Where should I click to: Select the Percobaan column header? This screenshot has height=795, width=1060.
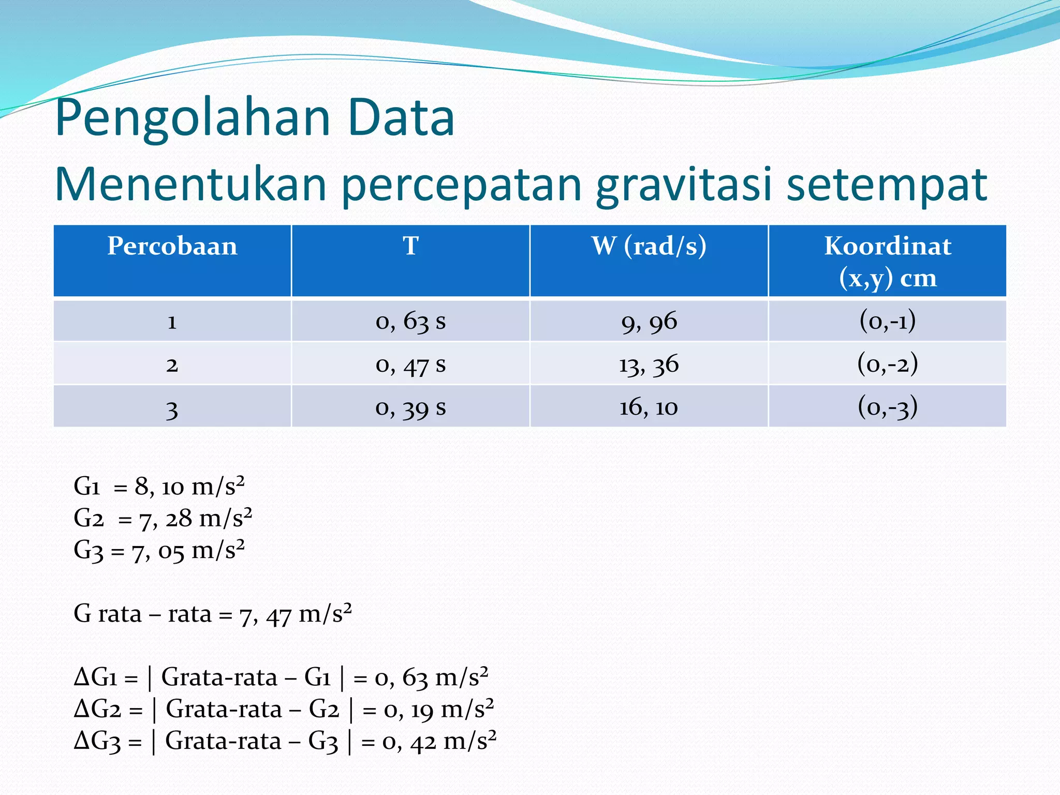tap(172, 246)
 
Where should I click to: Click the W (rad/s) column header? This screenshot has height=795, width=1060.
tap(649, 246)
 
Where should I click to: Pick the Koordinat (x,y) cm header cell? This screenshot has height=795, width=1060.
tap(888, 261)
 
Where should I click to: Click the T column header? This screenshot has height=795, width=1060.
tap(410, 246)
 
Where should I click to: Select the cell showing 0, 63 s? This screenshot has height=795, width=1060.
tap(410, 321)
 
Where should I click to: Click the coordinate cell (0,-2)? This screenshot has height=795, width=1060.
tap(888, 364)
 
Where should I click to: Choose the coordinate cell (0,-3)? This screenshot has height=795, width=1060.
tap(888, 407)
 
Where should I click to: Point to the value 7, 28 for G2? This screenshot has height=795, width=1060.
tap(166, 519)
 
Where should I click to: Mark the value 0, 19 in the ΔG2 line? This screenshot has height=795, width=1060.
tap(409, 710)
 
